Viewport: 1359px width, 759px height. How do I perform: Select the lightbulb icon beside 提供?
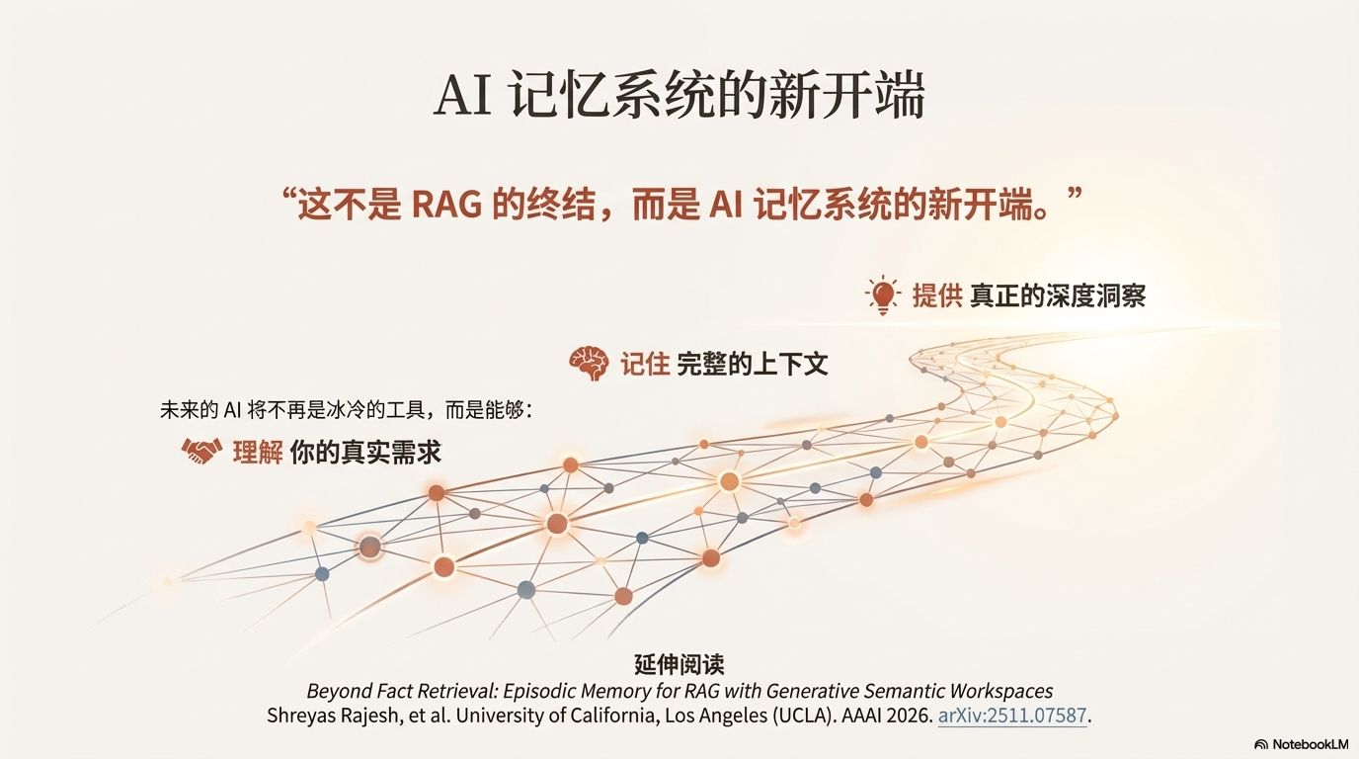click(x=882, y=295)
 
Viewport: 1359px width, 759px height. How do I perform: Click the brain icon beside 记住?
click(x=589, y=364)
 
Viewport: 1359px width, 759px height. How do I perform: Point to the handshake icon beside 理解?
click(x=201, y=452)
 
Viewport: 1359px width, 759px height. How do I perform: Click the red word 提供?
click(x=936, y=295)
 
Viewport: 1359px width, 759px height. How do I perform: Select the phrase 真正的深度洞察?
click(x=1057, y=295)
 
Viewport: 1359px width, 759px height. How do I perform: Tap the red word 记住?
click(x=645, y=364)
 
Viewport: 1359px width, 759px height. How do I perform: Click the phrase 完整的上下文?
click(x=753, y=364)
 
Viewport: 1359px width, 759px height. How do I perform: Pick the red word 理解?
click(x=258, y=453)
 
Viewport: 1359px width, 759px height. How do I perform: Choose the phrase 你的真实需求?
click(x=366, y=453)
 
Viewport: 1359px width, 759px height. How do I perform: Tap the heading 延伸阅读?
click(x=679, y=664)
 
